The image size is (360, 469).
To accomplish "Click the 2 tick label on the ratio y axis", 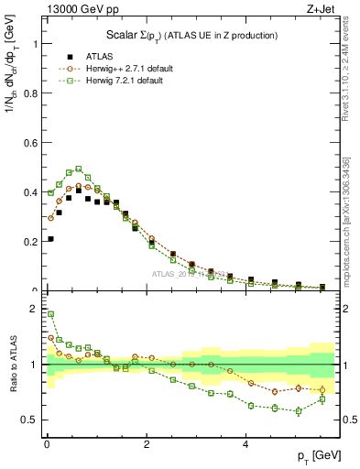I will pyautogui.click(x=36, y=309).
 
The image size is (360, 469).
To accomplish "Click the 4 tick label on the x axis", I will pyautogui.click(x=245, y=444).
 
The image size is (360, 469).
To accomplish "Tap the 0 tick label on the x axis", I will pyautogui.click(x=47, y=444).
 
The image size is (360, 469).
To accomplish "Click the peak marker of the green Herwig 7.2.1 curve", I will pyautogui.click(x=79, y=169).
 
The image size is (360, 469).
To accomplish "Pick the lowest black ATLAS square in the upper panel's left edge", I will pyautogui.click(x=49, y=239).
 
